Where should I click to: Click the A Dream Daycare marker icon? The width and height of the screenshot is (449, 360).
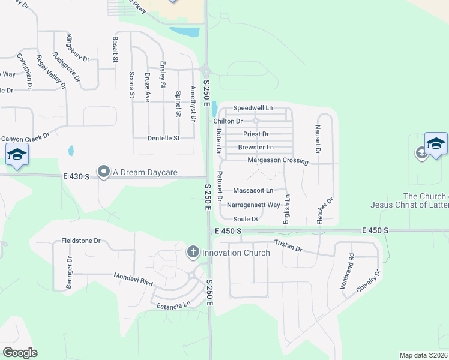click(x=103, y=172)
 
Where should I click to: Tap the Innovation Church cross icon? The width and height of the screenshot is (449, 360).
click(x=193, y=252)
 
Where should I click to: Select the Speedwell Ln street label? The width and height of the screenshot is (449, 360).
click(x=253, y=108)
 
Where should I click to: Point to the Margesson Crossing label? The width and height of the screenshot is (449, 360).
click(x=277, y=161)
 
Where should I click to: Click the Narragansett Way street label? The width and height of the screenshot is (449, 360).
click(x=254, y=205)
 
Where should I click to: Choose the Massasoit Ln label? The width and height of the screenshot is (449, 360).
click(x=253, y=190)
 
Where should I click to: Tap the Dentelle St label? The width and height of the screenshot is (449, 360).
click(x=164, y=138)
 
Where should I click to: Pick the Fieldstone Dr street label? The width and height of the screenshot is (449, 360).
click(x=81, y=241)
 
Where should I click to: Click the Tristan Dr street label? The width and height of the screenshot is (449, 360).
click(x=288, y=245)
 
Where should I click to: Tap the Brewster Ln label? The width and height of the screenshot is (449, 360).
click(x=256, y=147)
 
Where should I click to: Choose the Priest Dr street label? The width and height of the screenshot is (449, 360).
click(x=256, y=134)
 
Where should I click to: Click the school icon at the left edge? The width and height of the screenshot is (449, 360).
click(x=17, y=155)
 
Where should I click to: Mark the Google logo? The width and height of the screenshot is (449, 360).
click(x=20, y=353)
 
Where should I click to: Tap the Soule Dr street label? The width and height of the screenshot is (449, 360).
click(x=246, y=219)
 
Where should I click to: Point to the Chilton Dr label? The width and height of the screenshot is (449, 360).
click(x=228, y=121)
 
